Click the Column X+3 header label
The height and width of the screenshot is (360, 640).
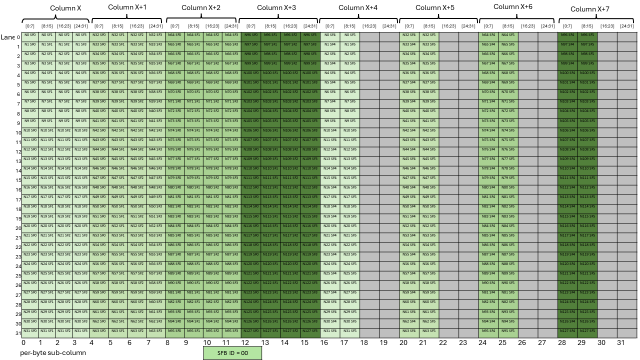click(276, 7)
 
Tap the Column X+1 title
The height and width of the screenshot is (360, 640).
click(127, 7)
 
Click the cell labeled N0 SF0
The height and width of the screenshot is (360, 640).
click(30, 35)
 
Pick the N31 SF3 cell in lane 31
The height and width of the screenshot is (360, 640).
click(80, 331)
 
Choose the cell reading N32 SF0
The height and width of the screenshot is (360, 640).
click(99, 35)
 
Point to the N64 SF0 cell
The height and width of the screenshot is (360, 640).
click(174, 35)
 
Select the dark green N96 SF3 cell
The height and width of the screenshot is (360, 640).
click(310, 35)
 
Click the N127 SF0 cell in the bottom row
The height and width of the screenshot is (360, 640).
click(250, 331)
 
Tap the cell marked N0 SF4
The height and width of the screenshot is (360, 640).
click(330, 35)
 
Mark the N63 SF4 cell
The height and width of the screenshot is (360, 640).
click(409, 331)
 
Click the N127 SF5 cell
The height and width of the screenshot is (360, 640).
click(587, 331)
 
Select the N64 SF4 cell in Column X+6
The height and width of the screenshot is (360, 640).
click(488, 35)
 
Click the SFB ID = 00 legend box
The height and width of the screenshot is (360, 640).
click(232, 352)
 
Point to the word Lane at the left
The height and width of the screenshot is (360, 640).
click(7, 37)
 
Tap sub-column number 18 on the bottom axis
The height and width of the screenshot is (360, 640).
click(364, 343)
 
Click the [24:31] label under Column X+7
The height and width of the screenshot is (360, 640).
click(626, 26)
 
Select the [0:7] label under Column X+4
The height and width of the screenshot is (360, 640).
click(330, 26)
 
